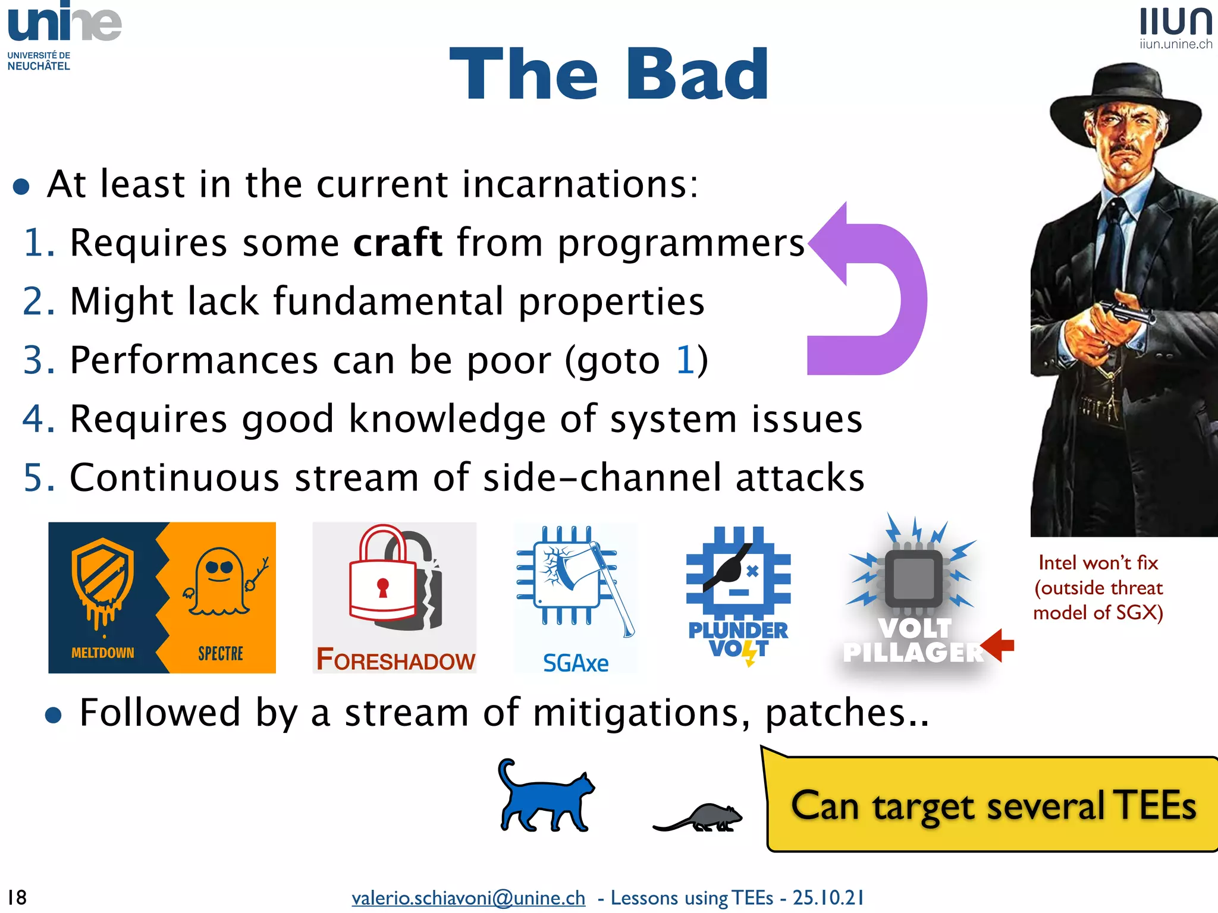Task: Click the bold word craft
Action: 397,243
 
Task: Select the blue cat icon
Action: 544,796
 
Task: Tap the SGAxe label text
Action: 575,663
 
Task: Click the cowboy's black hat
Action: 1124,101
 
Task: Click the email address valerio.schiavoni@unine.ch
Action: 468,898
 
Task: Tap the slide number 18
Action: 17,897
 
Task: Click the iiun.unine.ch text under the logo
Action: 1175,44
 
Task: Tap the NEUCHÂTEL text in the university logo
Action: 39,66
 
